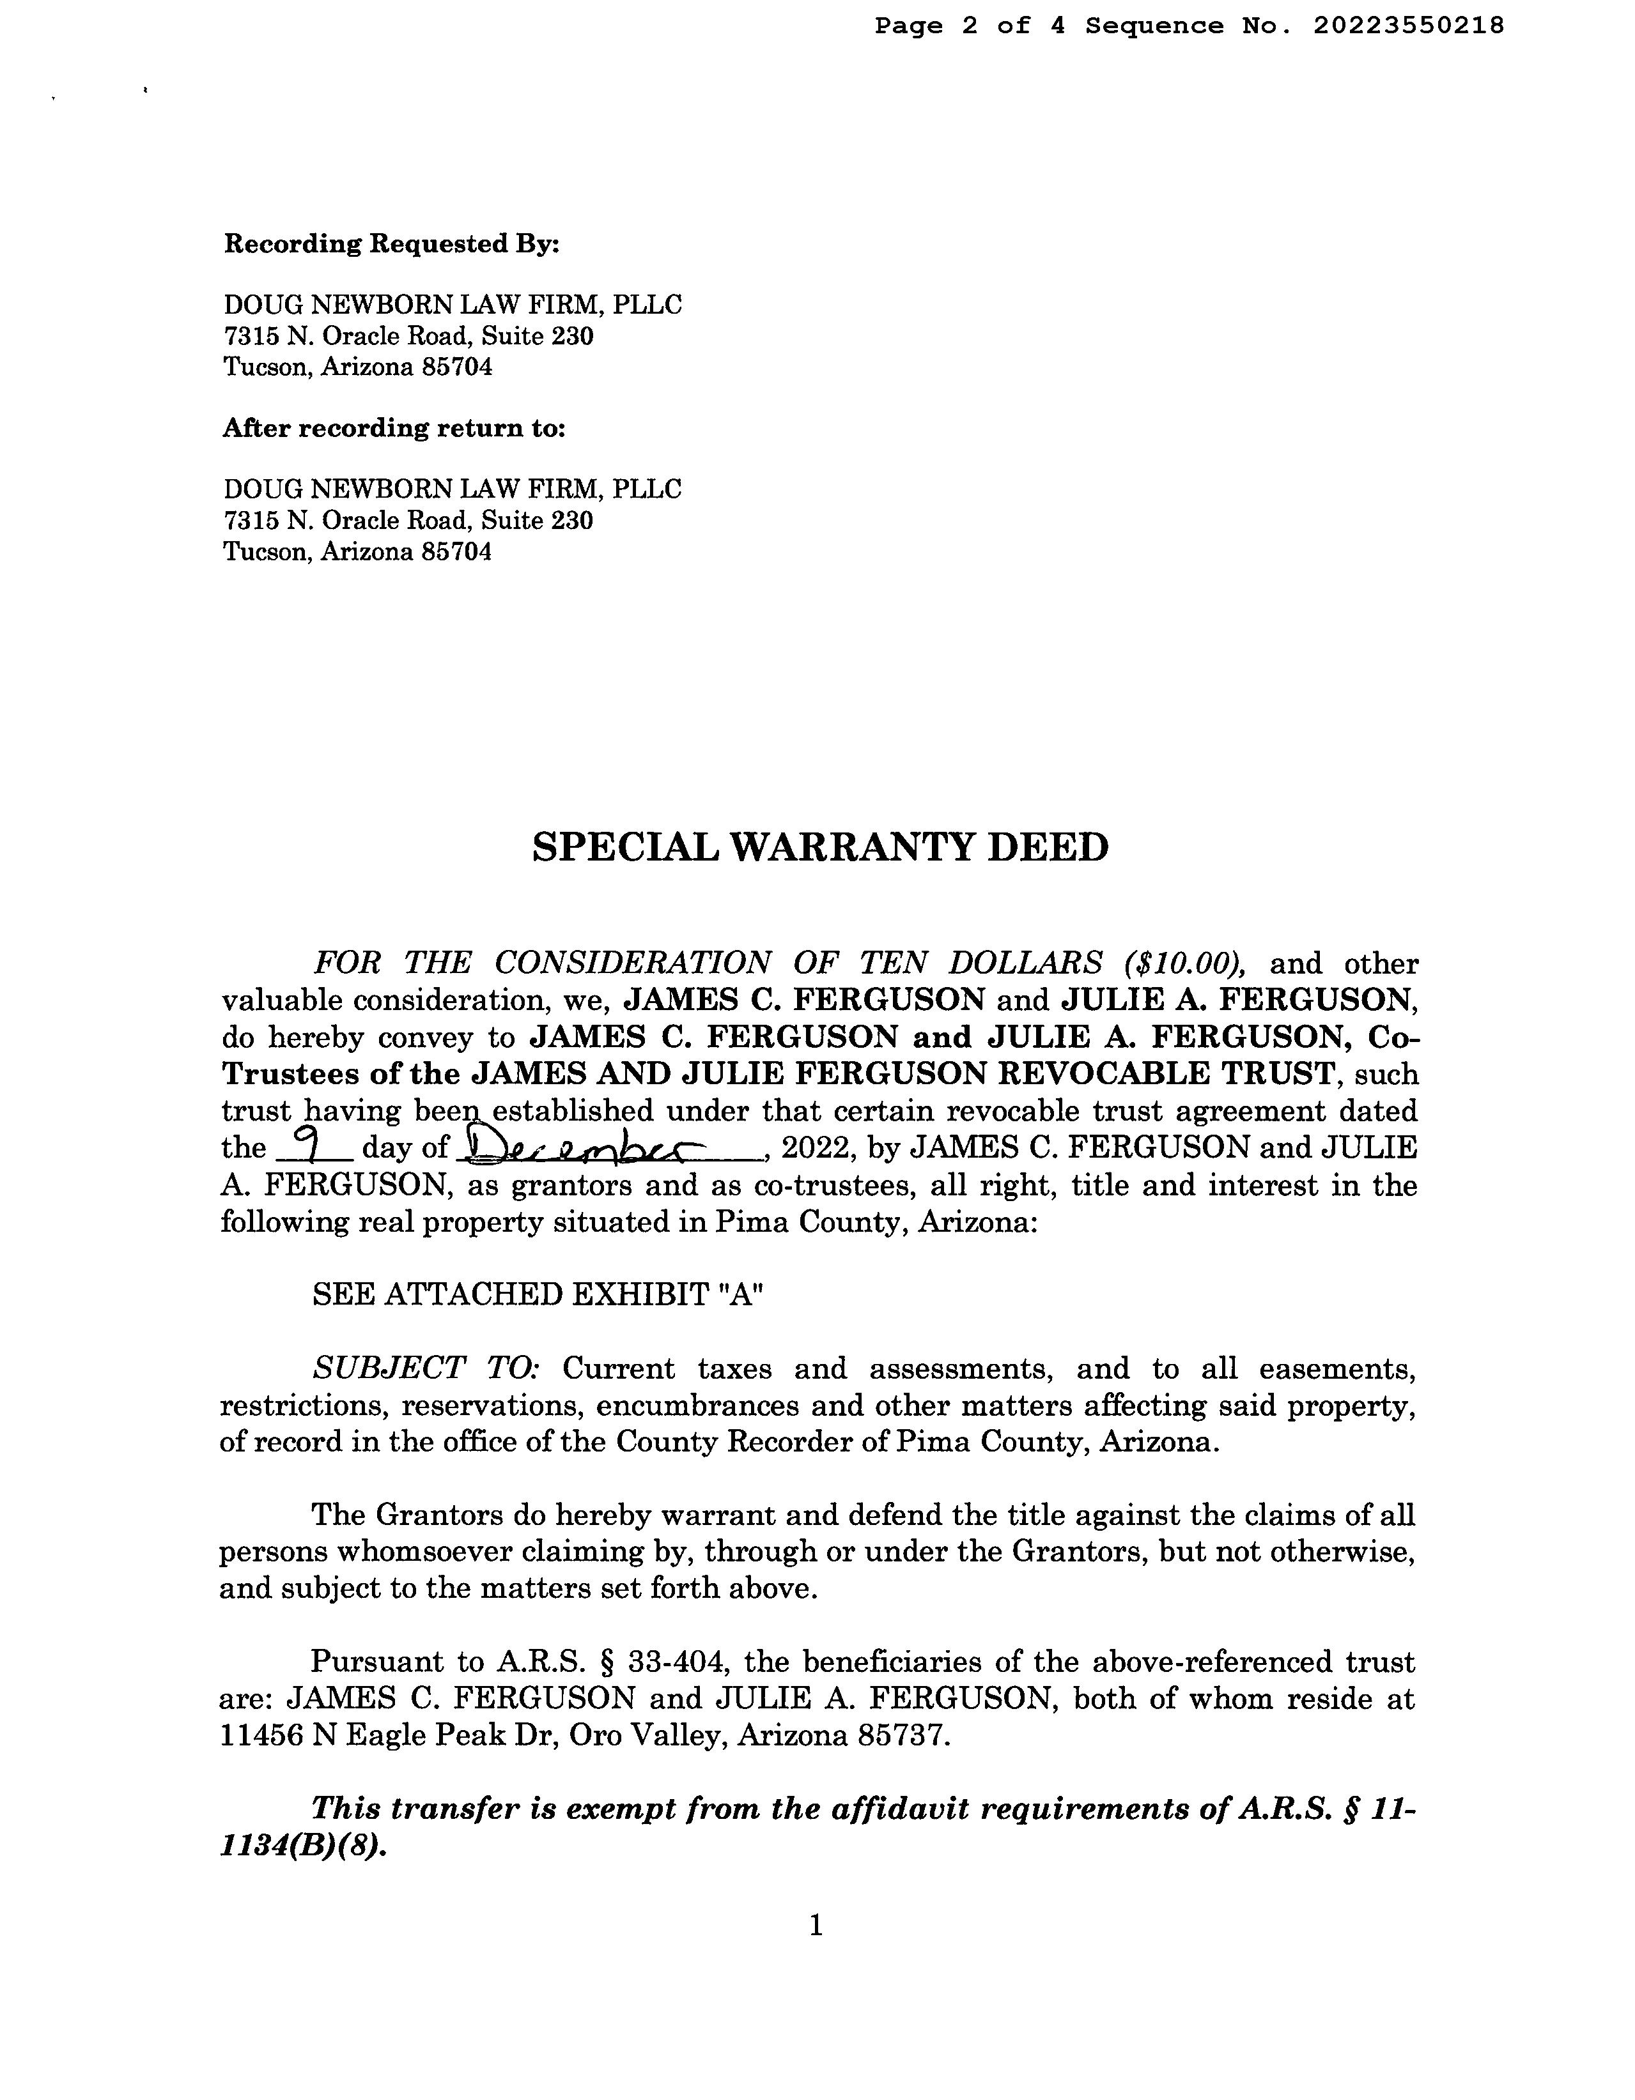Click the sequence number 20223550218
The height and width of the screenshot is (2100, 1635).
(x=1408, y=26)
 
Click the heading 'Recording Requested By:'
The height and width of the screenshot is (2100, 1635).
(x=391, y=244)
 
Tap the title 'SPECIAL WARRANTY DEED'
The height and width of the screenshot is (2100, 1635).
(x=821, y=847)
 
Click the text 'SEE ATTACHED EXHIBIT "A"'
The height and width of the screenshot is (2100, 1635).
(x=538, y=1294)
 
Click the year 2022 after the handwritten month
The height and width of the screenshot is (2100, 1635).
(x=814, y=1148)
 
